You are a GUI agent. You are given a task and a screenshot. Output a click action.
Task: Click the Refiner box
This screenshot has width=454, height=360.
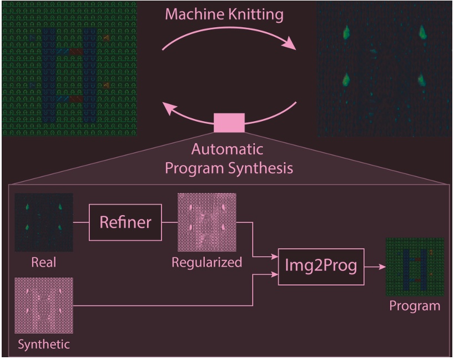pyautogui.click(x=125, y=222)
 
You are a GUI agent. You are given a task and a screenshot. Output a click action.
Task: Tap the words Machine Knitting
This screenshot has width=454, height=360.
pyautogui.click(x=224, y=15)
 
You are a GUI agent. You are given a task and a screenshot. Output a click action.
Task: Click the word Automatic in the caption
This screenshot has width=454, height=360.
pyautogui.click(x=228, y=149)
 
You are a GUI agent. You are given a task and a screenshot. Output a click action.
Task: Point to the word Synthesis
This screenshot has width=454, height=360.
pyautogui.click(x=262, y=168)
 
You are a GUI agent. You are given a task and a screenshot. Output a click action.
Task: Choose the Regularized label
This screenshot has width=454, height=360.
pyautogui.click(x=206, y=262)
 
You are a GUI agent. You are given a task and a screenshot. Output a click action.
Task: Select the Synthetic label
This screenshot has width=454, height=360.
pyautogui.click(x=44, y=344)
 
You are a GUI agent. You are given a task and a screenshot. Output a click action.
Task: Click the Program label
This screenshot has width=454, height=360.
pyautogui.click(x=415, y=306)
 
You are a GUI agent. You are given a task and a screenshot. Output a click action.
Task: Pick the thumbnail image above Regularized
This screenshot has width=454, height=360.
pyautogui.click(x=206, y=222)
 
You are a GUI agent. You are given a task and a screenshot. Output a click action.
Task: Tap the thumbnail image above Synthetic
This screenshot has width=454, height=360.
pyautogui.click(x=44, y=306)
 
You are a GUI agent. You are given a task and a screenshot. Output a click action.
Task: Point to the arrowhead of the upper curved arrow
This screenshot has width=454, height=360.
pyautogui.click(x=291, y=46)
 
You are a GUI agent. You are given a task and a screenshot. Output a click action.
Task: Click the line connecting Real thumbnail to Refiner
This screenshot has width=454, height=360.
pyautogui.click(x=81, y=222)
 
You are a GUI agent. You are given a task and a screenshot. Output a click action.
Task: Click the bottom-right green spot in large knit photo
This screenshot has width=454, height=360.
pyautogui.click(x=421, y=81)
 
